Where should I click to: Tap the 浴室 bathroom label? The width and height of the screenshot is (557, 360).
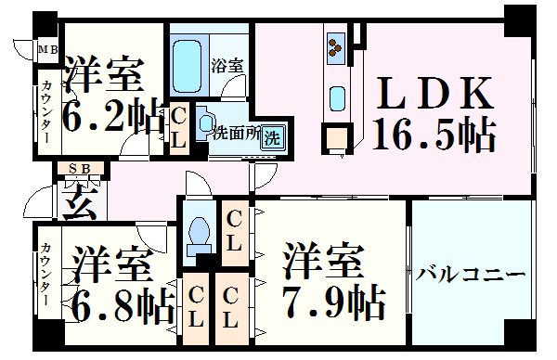[x=228, y=67]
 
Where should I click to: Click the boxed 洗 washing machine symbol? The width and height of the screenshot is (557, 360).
[x=271, y=138]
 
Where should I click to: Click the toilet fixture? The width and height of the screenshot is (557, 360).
[x=197, y=240]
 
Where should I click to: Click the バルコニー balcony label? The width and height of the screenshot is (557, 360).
[x=471, y=276]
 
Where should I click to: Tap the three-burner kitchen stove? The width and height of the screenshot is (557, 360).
[x=336, y=45]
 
